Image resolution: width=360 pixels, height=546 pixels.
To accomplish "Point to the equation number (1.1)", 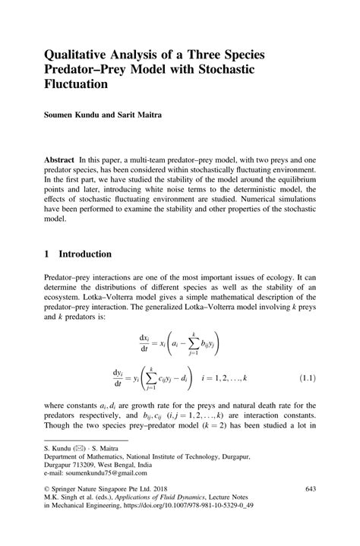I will coord(302,377).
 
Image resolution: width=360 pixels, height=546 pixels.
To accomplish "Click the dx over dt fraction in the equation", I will coord(144,341).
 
